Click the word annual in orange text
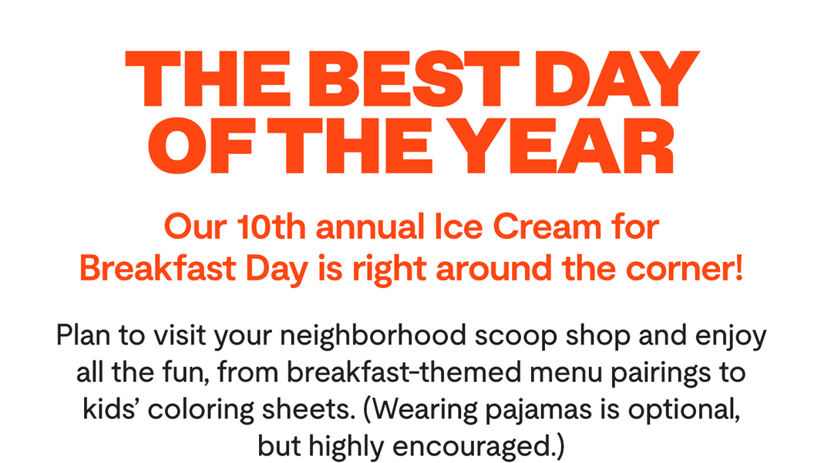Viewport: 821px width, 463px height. (x=371, y=227)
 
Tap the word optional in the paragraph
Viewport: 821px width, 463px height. (x=685, y=411)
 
